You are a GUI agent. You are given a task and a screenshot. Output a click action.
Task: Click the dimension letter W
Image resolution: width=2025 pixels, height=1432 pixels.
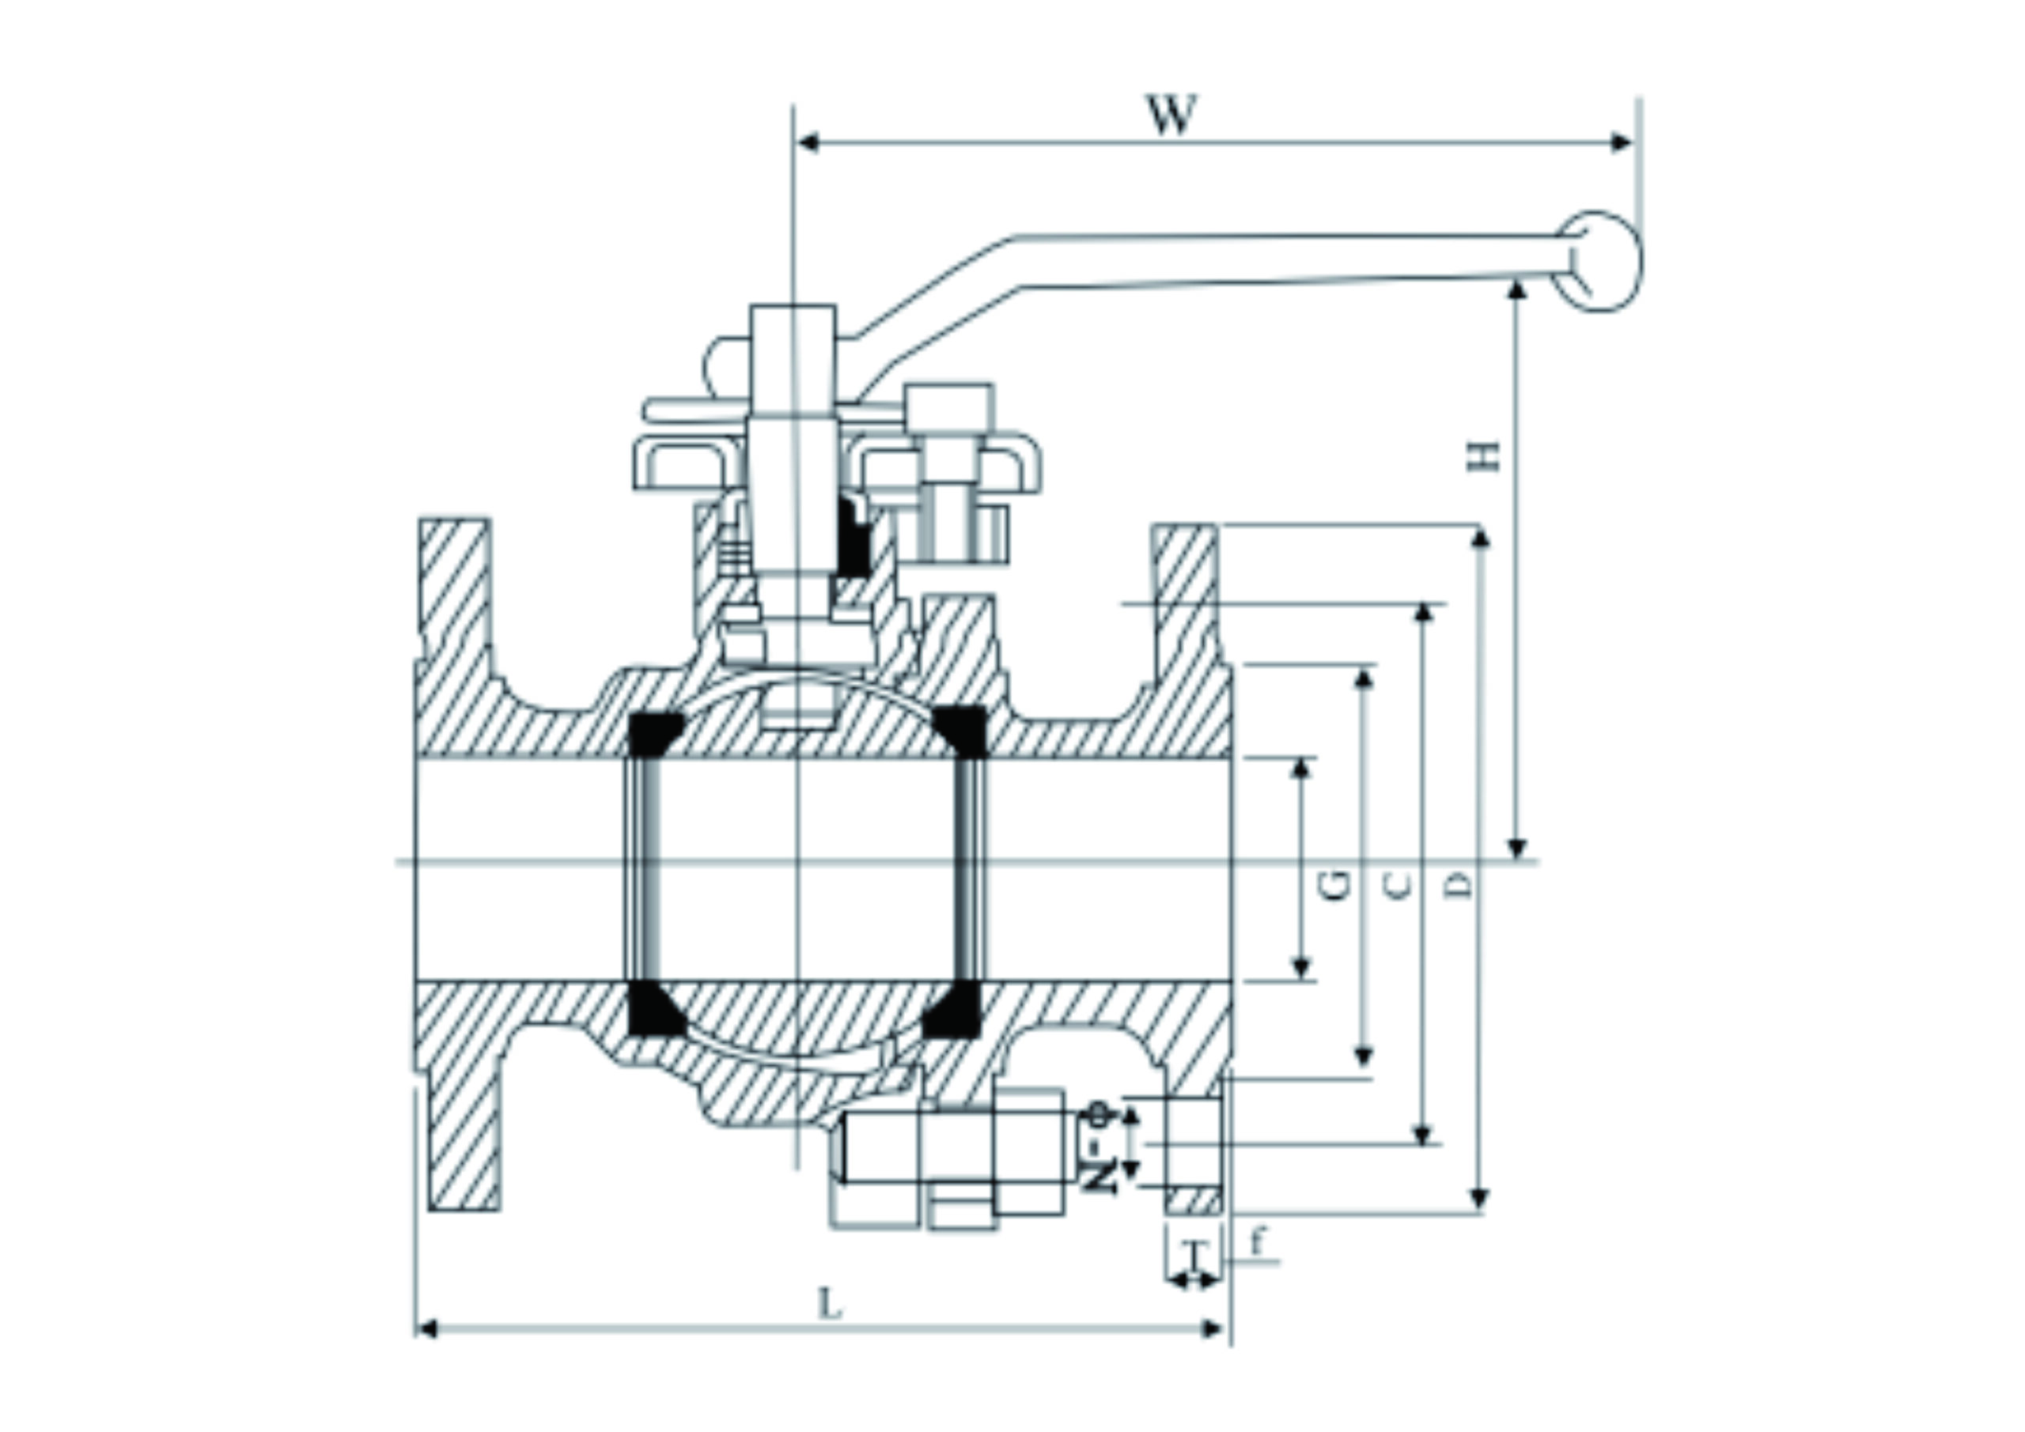[1172, 115]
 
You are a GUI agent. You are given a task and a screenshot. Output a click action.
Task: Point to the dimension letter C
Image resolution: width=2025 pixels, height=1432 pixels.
[1398, 884]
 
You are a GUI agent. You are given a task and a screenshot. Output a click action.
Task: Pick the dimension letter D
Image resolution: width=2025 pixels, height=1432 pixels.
[1460, 884]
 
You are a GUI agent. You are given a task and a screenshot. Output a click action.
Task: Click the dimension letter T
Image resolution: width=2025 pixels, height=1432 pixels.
[1195, 1253]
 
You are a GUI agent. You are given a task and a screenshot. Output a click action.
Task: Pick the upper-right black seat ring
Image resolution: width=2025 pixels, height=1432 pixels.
[960, 730]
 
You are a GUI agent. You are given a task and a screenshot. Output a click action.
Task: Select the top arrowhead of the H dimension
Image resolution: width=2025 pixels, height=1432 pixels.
[1517, 289]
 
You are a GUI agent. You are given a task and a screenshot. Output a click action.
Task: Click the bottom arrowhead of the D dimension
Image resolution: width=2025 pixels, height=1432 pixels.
[1481, 1200]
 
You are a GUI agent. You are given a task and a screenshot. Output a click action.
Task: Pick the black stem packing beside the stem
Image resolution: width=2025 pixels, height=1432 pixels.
[853, 539]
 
